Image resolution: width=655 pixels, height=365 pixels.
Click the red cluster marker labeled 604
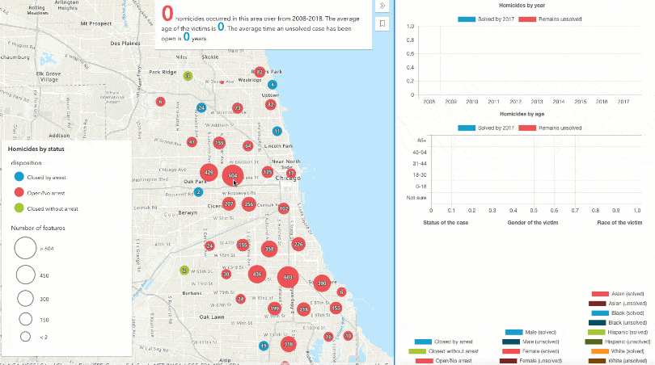click(x=233, y=174)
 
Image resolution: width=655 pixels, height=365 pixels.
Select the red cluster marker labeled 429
click(x=209, y=172)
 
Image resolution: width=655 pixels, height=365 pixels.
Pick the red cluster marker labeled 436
click(x=257, y=275)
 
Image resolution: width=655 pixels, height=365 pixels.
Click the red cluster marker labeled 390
click(x=321, y=283)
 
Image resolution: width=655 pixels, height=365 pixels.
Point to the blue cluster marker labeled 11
click(x=277, y=131)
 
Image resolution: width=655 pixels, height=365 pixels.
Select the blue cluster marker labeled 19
click(x=264, y=346)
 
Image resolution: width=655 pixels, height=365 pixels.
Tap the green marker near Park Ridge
click(x=188, y=76)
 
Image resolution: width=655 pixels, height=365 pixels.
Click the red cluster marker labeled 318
click(x=287, y=345)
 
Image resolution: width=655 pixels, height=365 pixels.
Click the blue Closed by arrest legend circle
click(x=17, y=178)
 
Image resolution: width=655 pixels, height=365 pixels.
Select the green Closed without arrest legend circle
click(x=17, y=208)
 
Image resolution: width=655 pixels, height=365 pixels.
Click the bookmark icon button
click(x=382, y=24)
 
